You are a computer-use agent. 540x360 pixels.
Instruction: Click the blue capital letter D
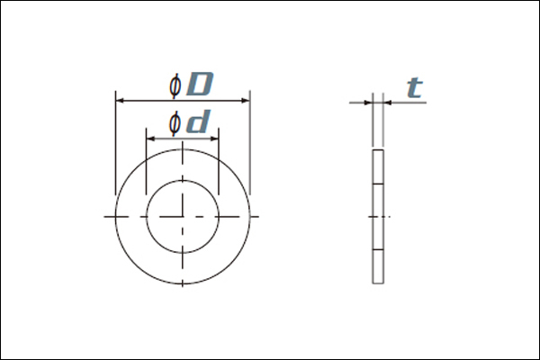point(200,84)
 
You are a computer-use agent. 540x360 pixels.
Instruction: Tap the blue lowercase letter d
point(198,121)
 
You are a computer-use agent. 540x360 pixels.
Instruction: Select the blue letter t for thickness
point(415,87)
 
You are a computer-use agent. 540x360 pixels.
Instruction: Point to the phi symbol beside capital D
point(175,85)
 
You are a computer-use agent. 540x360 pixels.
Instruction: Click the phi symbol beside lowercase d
point(175,123)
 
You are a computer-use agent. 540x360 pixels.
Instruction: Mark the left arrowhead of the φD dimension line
point(120,101)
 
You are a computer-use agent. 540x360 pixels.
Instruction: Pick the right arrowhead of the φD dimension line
point(246,101)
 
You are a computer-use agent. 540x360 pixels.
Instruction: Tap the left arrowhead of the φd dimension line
point(150,139)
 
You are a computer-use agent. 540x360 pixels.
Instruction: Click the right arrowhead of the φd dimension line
point(215,139)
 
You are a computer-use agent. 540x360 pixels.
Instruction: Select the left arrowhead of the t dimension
point(368,103)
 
